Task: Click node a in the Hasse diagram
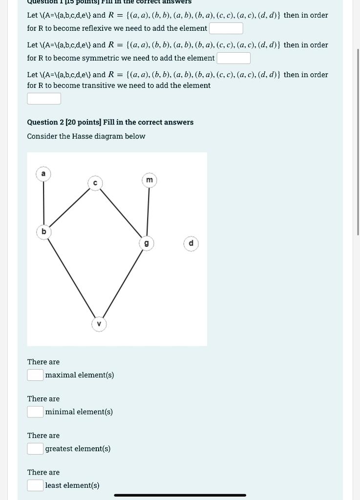(x=43, y=174)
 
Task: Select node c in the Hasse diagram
(x=95, y=183)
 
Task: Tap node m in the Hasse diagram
(x=149, y=180)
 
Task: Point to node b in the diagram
(x=43, y=231)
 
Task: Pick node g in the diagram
(x=146, y=243)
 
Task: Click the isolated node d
(x=191, y=243)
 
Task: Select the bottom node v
(x=99, y=324)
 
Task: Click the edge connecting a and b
(x=43, y=203)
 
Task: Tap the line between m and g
(x=148, y=211)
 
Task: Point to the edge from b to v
(x=71, y=277)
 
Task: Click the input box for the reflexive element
(x=226, y=28)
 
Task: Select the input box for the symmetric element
(x=233, y=58)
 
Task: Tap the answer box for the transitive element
(x=44, y=99)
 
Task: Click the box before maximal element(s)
(x=35, y=375)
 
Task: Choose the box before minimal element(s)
(x=35, y=412)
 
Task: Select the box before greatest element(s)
(x=35, y=448)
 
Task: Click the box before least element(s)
(x=35, y=485)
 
